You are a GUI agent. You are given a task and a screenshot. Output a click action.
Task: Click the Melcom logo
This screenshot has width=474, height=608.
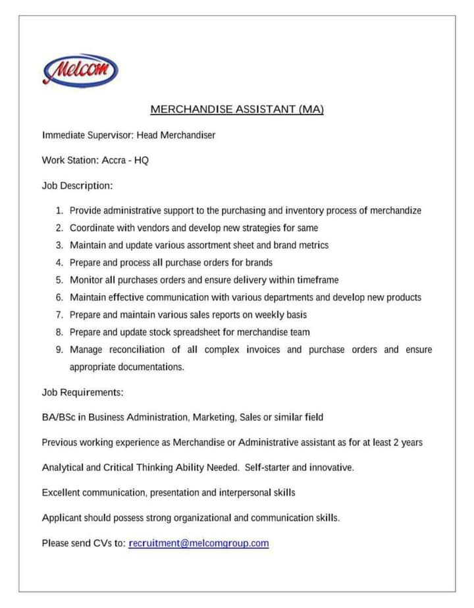click(80, 69)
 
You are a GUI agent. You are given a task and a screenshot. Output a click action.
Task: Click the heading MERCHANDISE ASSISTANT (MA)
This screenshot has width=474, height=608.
click(237, 109)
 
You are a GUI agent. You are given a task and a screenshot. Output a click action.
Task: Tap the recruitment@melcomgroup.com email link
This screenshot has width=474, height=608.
click(199, 543)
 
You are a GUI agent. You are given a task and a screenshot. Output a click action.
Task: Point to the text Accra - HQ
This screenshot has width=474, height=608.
click(125, 160)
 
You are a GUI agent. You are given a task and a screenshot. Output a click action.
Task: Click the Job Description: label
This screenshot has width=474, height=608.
click(77, 186)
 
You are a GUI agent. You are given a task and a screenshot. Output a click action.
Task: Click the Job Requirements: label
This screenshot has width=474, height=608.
click(82, 393)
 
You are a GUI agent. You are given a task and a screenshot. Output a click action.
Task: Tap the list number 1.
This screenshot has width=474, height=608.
click(59, 211)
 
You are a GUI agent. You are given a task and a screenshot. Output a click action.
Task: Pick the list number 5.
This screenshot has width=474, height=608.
click(59, 280)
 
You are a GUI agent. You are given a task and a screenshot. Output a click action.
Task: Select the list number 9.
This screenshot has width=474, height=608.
click(59, 349)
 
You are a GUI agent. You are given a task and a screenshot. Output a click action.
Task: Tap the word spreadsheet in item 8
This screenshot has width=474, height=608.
click(203, 332)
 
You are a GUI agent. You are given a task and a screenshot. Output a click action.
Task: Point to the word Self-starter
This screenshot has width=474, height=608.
click(267, 468)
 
